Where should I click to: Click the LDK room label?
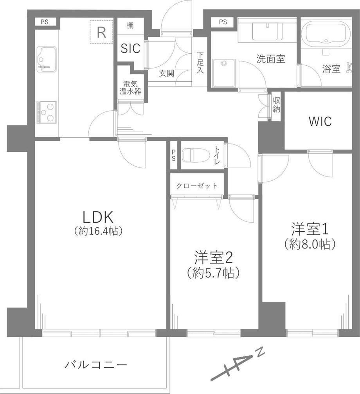(x=98, y=217)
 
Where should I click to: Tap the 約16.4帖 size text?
(x=98, y=231)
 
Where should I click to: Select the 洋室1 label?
(x=310, y=228)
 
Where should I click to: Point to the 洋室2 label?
(x=213, y=258)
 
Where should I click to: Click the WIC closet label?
(x=320, y=121)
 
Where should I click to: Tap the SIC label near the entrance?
(x=130, y=48)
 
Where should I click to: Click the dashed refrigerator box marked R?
(x=101, y=32)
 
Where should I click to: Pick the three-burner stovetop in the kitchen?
(x=47, y=112)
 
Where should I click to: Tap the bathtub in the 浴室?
(x=326, y=32)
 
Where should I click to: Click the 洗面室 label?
(x=270, y=59)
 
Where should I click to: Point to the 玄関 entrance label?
(x=167, y=74)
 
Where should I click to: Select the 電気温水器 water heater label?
(x=130, y=87)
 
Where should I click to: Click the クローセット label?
(x=197, y=186)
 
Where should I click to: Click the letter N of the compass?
(x=261, y=352)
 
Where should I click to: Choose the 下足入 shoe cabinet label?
(x=200, y=63)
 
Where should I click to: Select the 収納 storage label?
(x=277, y=105)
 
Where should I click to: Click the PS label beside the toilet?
(x=174, y=155)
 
